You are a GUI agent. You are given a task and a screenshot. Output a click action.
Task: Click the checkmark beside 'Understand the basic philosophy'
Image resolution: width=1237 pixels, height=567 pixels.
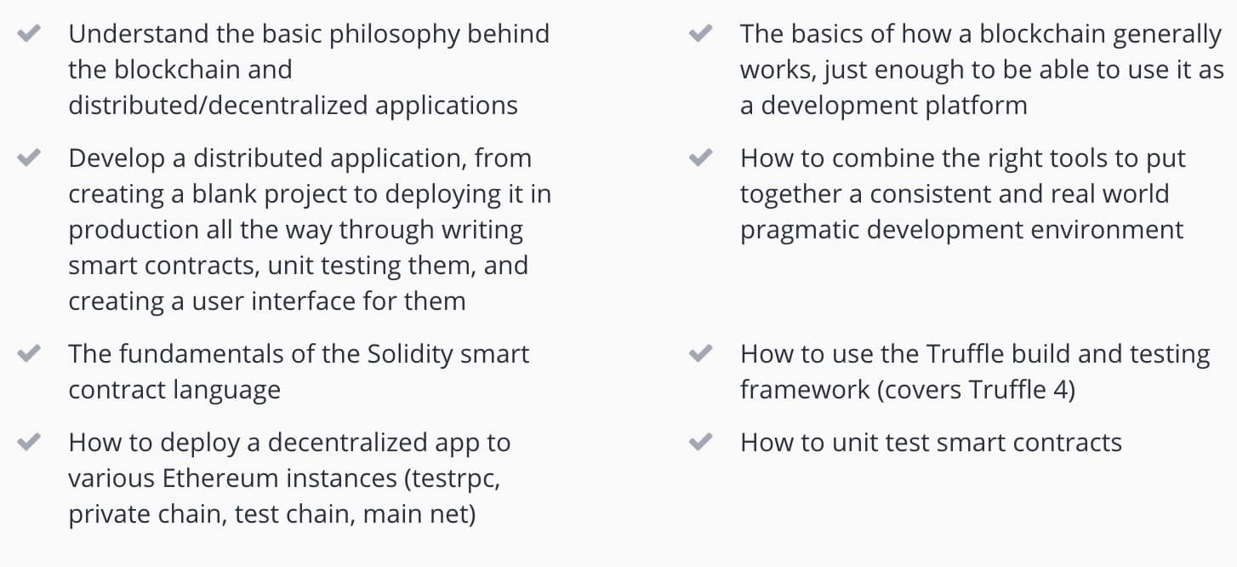pos(29,33)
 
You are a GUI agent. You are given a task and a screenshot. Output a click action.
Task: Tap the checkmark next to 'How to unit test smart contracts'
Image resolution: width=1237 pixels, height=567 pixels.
pos(700,442)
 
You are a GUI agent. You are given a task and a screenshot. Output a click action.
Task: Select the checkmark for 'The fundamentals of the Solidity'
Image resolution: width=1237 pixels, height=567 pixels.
pos(29,353)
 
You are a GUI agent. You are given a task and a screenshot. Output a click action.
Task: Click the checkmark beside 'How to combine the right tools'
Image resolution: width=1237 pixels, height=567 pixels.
pos(700,157)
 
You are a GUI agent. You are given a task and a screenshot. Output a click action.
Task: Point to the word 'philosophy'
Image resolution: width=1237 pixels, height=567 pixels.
pos(394,35)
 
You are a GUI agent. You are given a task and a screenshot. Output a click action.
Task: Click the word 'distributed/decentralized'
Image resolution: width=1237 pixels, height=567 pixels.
pos(218,105)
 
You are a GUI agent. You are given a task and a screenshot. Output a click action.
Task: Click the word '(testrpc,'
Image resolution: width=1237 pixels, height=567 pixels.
pos(452,479)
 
